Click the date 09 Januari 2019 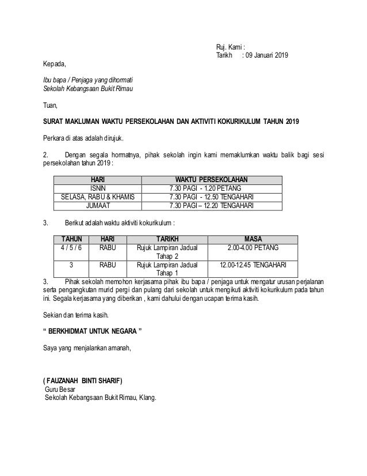[267, 56]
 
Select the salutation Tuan [51, 106]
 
